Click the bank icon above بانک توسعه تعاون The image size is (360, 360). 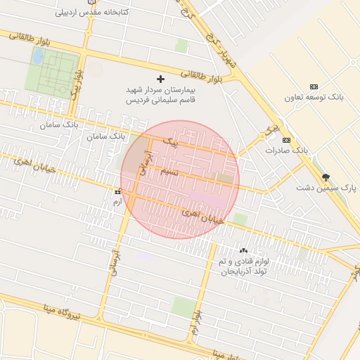[314, 86]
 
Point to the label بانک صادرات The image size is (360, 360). [287, 150]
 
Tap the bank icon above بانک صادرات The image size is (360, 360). [286, 140]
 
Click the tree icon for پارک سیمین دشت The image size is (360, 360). [325, 177]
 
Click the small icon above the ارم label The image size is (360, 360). [117, 191]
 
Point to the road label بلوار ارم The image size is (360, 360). [196, 321]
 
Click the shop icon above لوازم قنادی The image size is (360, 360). [244, 250]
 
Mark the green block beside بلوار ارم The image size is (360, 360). [184, 307]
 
